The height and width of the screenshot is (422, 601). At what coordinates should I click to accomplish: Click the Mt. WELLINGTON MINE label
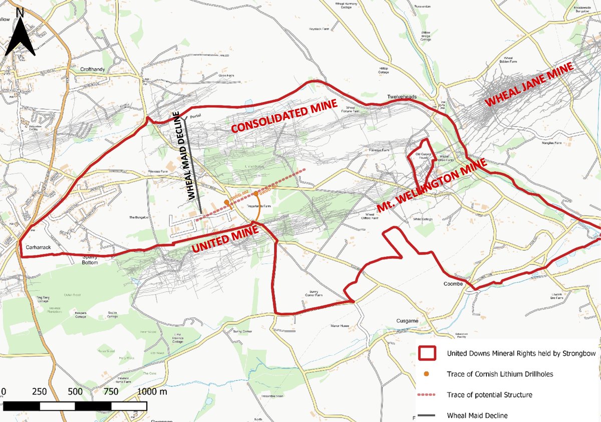[431, 186]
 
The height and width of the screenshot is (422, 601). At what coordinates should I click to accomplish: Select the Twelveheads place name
[402, 96]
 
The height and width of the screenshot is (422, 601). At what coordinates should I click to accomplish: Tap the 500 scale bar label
[75, 391]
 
